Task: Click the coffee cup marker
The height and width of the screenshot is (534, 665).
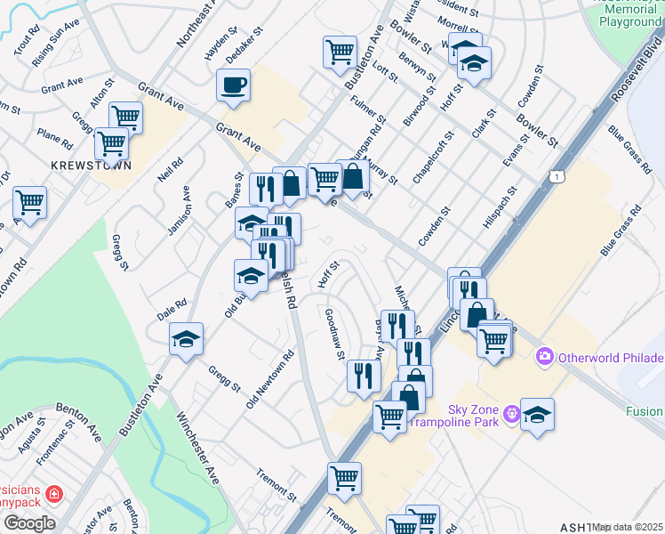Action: point(233,86)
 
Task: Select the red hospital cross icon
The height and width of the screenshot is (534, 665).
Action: point(54,493)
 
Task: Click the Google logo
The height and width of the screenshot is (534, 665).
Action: point(28,523)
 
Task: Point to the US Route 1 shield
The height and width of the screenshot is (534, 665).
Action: point(557,178)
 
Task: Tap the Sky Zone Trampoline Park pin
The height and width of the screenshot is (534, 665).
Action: point(511,413)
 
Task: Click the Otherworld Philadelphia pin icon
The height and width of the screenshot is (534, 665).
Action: point(544,358)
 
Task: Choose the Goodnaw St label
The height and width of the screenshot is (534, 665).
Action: point(335,334)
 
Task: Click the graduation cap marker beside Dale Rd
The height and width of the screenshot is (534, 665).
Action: point(187,338)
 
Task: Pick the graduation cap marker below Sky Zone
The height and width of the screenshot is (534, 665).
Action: point(537,415)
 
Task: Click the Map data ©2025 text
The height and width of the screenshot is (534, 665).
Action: point(629,527)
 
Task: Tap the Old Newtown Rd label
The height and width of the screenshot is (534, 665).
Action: point(270,379)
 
